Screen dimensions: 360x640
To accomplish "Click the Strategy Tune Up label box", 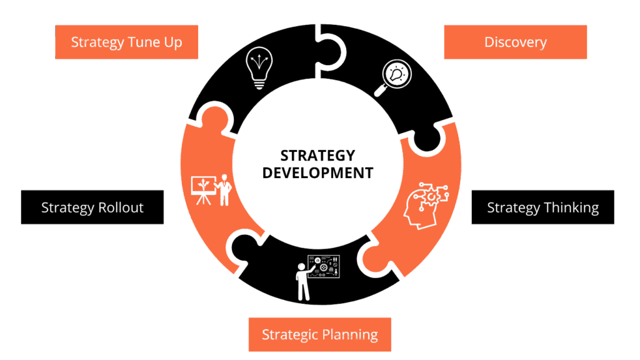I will coord(126,42).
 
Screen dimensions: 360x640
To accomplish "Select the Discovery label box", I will coord(515,42).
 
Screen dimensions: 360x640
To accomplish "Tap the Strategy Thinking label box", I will coord(542,207).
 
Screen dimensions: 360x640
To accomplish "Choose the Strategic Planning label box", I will coord(319,334).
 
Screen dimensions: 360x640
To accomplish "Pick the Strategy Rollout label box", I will coord(92,207).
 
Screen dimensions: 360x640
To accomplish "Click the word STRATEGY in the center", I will coord(317,155).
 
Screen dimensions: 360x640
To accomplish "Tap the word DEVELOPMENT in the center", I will coord(317,172).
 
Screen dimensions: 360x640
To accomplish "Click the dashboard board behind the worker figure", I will coord(324,266).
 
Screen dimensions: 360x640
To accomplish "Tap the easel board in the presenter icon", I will coord(202,186).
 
